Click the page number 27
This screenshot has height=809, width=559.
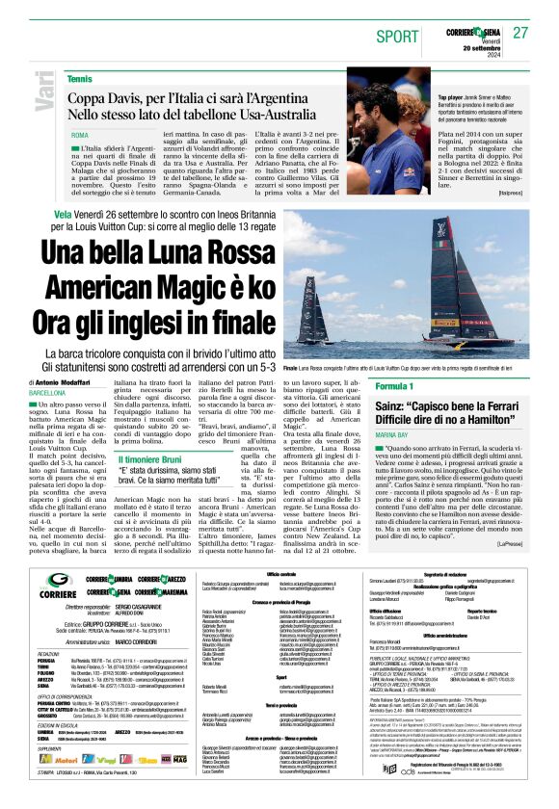point(520,32)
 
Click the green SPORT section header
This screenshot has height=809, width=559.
point(393,36)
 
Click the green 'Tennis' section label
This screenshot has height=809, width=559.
point(80,78)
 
